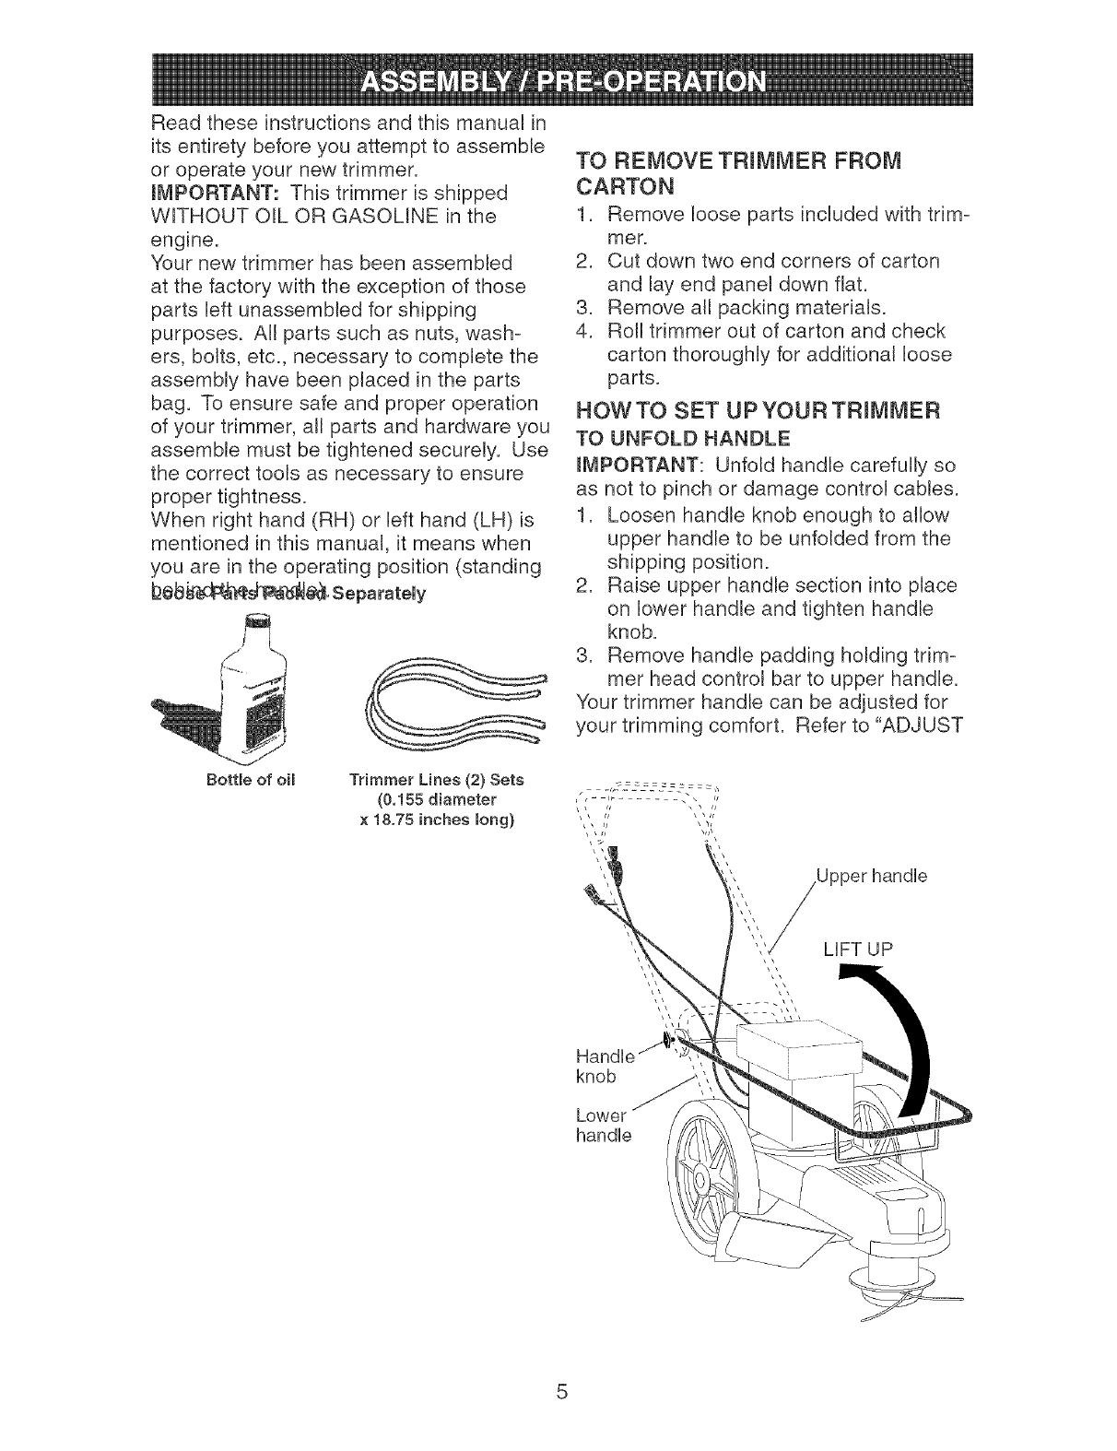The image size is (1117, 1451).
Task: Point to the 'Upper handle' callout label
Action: pos(871,875)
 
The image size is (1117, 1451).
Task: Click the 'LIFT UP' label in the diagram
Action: pos(857,950)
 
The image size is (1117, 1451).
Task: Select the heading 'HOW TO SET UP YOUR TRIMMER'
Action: pos(757,409)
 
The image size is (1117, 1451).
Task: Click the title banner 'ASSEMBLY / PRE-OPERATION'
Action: pos(558,84)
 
